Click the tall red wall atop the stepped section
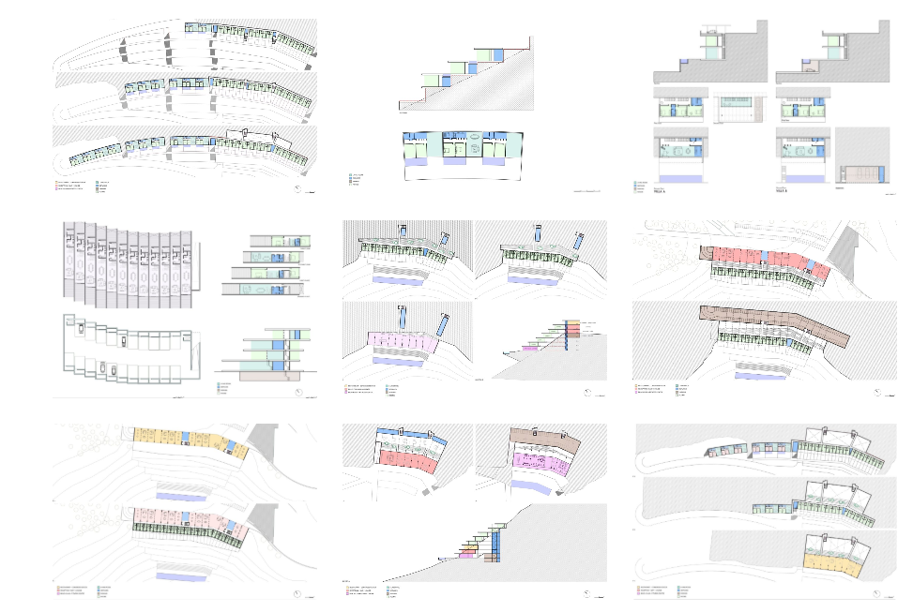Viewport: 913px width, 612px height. pos(532,44)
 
